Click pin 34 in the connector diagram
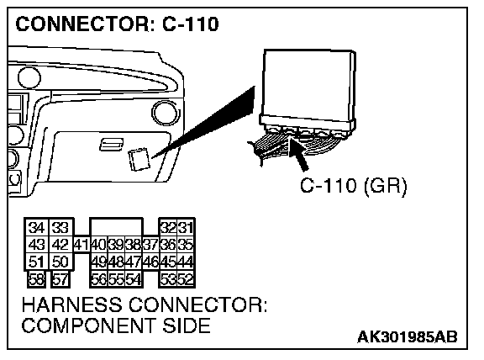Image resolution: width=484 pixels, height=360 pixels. click(36, 228)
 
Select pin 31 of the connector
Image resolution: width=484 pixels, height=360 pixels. click(186, 228)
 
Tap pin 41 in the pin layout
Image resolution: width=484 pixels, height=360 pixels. click(82, 245)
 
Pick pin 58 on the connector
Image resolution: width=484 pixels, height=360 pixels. click(37, 279)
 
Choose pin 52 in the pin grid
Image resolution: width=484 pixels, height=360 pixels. click(186, 279)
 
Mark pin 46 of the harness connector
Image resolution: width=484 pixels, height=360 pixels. click(151, 262)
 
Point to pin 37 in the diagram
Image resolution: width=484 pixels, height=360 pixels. click(151, 245)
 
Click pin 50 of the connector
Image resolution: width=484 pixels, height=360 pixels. click(60, 262)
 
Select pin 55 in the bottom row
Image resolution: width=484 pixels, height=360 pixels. click(116, 279)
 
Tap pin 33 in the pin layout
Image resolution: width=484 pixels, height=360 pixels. click(60, 228)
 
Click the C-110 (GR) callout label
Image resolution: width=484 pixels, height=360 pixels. click(354, 186)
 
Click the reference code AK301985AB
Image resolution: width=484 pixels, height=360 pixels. click(408, 336)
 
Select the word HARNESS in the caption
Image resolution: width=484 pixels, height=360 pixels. click(71, 304)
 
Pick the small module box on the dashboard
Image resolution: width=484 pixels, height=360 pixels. click(139, 160)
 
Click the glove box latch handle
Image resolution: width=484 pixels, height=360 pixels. click(111, 145)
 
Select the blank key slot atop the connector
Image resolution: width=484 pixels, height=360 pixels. click(116, 228)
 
